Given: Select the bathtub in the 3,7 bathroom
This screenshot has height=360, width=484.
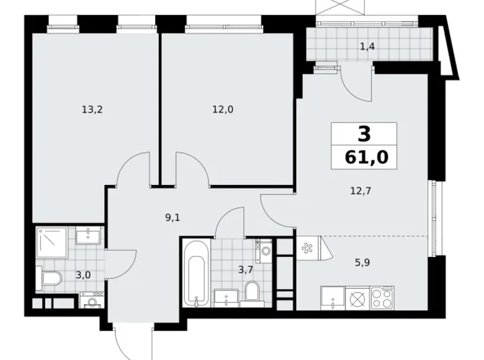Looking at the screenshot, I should click(x=195, y=272).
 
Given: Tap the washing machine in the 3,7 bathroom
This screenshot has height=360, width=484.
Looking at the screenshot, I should click(x=266, y=251).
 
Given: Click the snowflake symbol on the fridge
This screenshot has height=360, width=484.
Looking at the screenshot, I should click(x=307, y=249).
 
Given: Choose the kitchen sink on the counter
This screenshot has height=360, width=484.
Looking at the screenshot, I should click(x=333, y=298).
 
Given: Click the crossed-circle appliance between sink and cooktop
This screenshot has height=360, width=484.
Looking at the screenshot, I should click(x=357, y=299).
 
